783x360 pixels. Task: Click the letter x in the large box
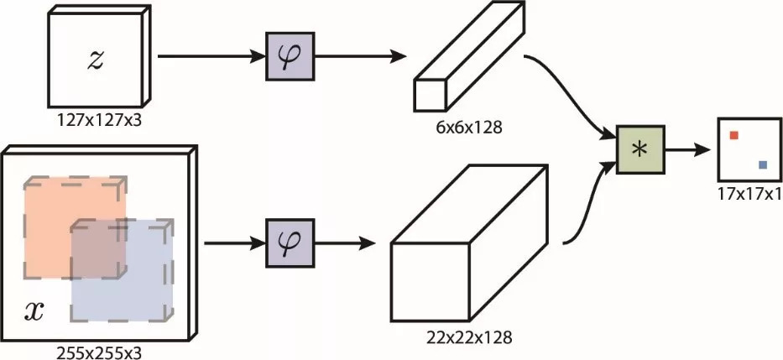click(x=34, y=311)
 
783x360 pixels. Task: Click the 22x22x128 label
click(x=470, y=338)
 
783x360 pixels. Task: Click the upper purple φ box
click(x=290, y=58)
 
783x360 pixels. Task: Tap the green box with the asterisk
click(x=640, y=149)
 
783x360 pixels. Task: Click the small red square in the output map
click(x=733, y=135)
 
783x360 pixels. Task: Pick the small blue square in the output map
click(x=762, y=165)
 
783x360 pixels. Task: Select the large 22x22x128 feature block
click(x=470, y=252)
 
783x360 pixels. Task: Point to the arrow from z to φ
click(x=210, y=58)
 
